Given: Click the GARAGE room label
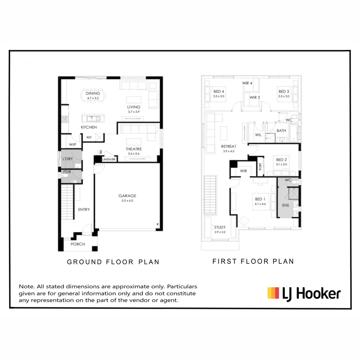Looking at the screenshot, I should click(127, 196).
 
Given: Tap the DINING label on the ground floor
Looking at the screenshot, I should click(93, 94).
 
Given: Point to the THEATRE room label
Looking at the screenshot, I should click(134, 149).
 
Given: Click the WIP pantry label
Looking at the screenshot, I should click(73, 145).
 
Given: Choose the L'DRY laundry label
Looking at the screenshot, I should click(68, 159).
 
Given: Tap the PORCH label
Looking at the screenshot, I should click(78, 244).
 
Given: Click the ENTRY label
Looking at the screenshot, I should click(84, 210).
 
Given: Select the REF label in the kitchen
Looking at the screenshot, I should click(89, 137).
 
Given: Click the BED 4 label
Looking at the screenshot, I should click(219, 91).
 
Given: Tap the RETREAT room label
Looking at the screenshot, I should click(229, 146).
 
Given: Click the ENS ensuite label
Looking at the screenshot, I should click(286, 205).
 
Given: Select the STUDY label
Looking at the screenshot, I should click(220, 227).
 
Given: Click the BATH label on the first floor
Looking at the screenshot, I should click(281, 131).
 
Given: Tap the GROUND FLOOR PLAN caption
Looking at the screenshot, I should click(113, 262).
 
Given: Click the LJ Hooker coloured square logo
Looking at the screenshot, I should click(273, 293).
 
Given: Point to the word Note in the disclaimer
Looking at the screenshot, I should click(26, 286).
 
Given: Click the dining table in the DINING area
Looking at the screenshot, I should click(92, 96).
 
